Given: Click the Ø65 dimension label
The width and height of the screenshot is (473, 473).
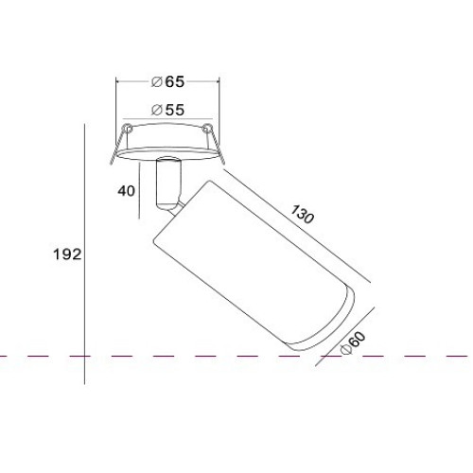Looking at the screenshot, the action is coord(167,82).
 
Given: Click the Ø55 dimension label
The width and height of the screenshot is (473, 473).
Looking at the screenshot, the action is coord(167,110).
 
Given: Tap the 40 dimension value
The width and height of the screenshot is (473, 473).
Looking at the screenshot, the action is coord(127,191).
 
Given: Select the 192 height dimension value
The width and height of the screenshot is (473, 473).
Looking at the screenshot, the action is coord(67,254).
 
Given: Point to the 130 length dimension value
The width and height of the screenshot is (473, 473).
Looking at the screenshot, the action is coord(302,214).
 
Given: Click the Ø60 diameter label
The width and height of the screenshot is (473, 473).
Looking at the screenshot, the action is coord(353,343).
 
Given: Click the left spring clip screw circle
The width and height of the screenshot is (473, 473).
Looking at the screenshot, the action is coord(128,128).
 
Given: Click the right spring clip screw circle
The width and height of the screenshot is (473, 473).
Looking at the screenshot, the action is coord(206,129).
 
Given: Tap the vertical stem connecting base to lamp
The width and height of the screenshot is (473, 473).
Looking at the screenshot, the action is coord(168,182).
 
